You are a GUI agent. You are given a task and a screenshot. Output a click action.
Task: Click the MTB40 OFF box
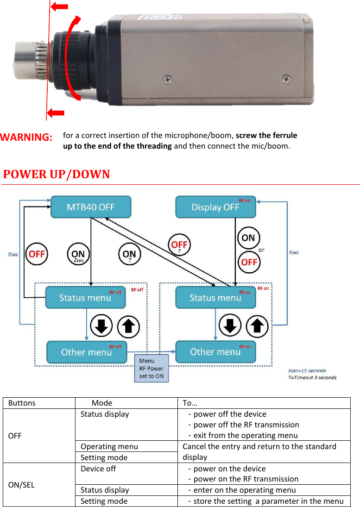(x=91, y=207)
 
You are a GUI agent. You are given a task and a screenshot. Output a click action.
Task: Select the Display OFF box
(x=215, y=207)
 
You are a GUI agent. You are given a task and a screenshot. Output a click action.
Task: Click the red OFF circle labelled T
(x=179, y=245)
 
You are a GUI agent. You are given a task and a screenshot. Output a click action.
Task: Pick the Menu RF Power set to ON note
(x=152, y=369)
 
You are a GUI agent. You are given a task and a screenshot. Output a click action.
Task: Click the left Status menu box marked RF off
(x=85, y=298)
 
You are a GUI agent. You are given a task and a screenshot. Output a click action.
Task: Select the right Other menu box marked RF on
(x=215, y=352)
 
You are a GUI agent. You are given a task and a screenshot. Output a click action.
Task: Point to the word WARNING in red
(x=26, y=138)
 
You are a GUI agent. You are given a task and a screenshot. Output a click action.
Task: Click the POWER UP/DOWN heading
(x=57, y=175)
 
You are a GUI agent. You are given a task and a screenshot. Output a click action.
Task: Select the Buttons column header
(x=22, y=403)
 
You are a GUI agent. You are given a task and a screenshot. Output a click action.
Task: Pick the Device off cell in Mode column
(x=98, y=469)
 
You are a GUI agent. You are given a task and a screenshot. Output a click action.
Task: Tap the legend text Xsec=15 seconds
(x=307, y=370)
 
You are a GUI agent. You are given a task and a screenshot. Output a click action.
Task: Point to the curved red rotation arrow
(x=73, y=58)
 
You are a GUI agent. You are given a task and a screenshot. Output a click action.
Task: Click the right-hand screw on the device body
(x=287, y=80)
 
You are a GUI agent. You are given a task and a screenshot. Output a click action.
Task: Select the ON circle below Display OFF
(x=248, y=238)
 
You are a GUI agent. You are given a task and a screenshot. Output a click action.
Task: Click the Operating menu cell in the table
(x=109, y=446)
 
